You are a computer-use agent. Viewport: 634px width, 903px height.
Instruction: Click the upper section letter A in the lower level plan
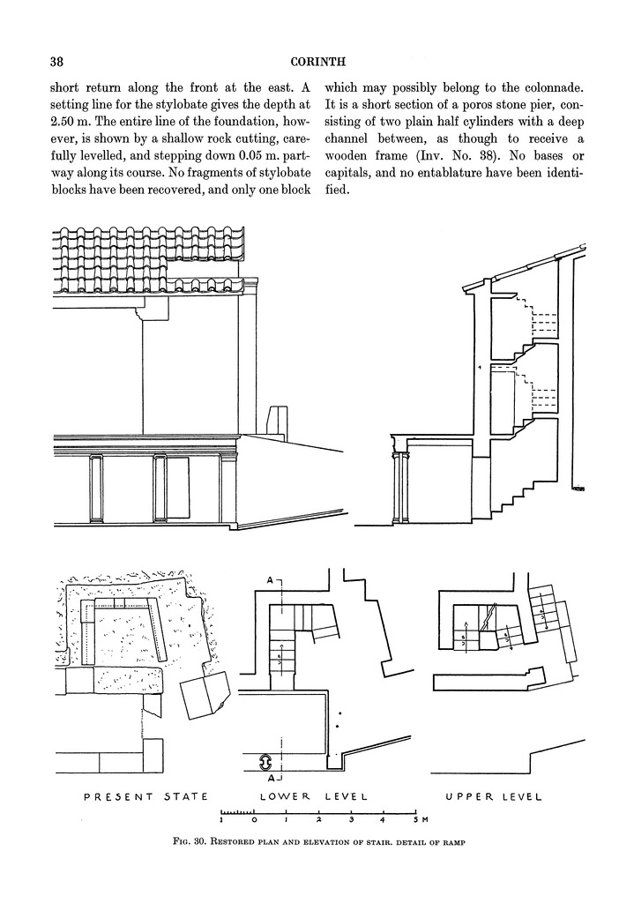pyautogui.click(x=270, y=579)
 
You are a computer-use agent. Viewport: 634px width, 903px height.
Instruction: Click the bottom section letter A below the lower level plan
pyautogui.click(x=270, y=779)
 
